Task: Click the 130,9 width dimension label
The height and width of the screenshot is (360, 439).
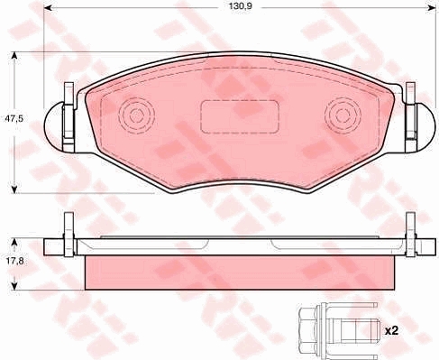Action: pyautogui.click(x=240, y=6)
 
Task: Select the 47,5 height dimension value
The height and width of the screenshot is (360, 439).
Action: pyautogui.click(x=14, y=118)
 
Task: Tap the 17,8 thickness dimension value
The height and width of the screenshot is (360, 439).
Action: pyautogui.click(x=14, y=261)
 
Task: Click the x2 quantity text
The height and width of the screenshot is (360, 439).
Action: pyautogui.click(x=391, y=331)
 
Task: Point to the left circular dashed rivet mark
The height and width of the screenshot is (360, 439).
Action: pyautogui.click(x=137, y=115)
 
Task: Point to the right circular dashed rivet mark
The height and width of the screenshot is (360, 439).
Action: pyautogui.click(x=343, y=115)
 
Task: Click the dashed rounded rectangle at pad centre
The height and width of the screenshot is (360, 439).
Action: pyautogui.click(x=240, y=116)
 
